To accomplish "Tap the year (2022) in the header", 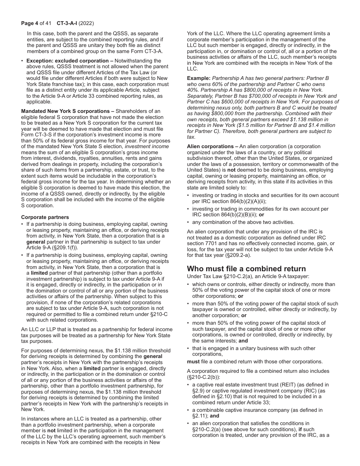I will click(86, 23).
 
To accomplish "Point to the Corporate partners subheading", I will click(45, 217).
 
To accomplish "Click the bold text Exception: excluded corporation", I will click(67, 61).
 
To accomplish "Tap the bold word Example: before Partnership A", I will click(199, 78).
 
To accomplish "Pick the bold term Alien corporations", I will click(210, 146).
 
